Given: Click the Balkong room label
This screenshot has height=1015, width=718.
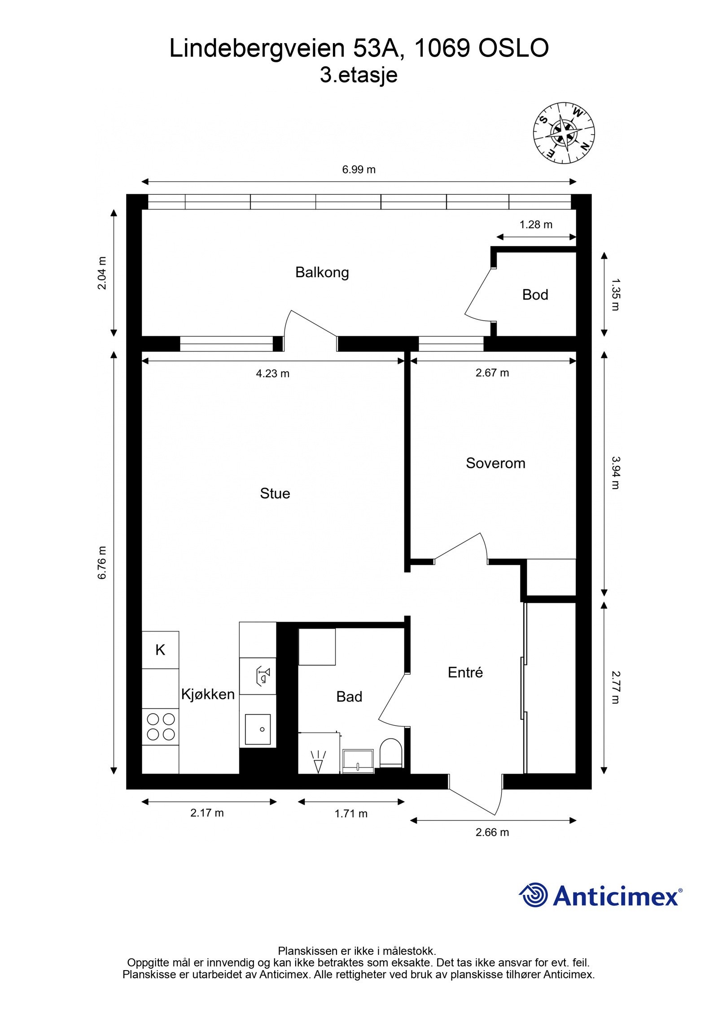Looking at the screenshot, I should tap(322, 272).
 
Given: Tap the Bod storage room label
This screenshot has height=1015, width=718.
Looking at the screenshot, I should tap(535, 295).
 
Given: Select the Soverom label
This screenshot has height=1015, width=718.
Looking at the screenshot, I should tap(495, 463).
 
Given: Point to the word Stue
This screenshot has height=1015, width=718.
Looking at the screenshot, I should tap(275, 493).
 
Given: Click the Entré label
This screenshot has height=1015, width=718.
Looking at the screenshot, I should tap(465, 672).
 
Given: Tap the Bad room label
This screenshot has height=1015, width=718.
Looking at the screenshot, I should tap(349, 697).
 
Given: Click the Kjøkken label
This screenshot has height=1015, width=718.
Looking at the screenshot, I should tap(208, 694).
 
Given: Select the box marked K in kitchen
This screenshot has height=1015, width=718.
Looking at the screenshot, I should tap(160, 650).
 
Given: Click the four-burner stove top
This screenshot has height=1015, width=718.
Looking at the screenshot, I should tap(161, 727).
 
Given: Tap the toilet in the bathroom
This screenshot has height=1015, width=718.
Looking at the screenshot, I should tap(391, 753).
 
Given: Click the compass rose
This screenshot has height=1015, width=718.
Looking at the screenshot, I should tap(564, 133).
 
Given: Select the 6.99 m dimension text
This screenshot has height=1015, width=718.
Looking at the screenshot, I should tap(359, 170).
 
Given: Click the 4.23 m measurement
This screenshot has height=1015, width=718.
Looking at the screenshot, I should tap(272, 373).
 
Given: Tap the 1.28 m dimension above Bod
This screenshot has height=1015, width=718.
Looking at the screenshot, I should tap(536, 224).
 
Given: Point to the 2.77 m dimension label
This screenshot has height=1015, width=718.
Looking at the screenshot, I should tap(615, 687).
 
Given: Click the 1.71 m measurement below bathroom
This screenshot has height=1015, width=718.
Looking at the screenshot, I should tap(350, 814).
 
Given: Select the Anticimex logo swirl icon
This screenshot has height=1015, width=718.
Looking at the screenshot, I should tap(534, 895).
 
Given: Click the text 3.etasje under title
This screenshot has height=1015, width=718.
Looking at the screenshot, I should tap(359, 75).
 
